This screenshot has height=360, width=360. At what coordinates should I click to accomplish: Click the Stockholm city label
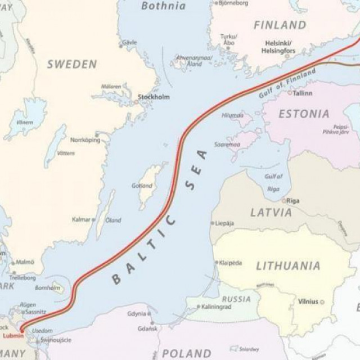154,97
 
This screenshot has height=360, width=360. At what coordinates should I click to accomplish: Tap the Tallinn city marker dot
290,92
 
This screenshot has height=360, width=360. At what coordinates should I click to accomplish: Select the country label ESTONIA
304,114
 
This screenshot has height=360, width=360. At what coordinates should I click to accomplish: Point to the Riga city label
293,200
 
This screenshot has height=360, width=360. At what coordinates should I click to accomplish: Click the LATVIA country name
271,213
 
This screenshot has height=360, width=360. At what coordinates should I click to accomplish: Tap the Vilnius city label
308,301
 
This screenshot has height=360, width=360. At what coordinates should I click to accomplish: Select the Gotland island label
142,186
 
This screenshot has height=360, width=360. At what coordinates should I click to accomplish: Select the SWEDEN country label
72,64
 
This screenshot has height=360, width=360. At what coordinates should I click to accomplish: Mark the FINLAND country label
280,25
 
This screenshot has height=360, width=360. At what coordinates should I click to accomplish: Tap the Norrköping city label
85,139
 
